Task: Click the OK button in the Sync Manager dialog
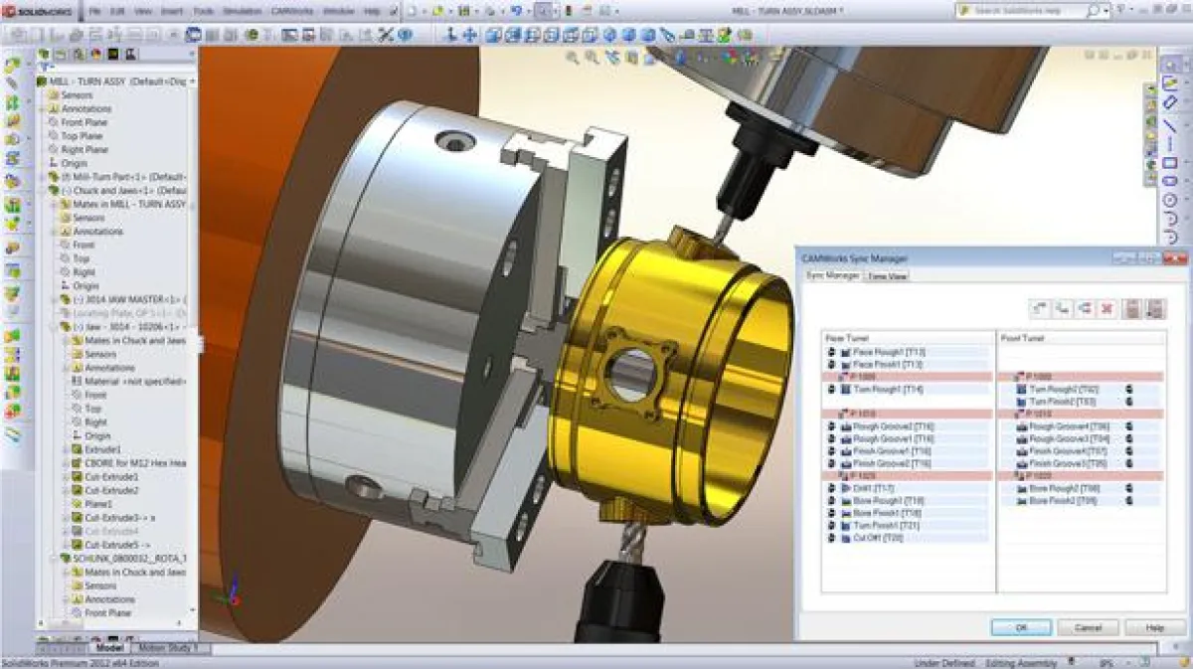point(1021,627)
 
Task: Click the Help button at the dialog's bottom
point(1154,627)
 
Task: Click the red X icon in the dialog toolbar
point(1107,308)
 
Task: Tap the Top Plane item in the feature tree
point(82,136)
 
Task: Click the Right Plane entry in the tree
point(84,149)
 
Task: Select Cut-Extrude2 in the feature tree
point(111,490)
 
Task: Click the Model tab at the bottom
point(108,648)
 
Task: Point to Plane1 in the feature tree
point(99,504)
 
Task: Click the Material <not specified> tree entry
point(128,381)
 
